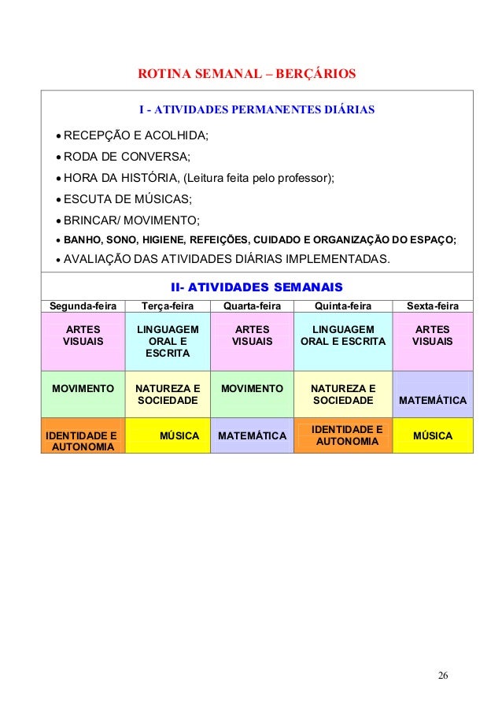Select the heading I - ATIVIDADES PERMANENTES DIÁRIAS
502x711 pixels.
257,108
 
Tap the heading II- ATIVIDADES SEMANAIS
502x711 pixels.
257,287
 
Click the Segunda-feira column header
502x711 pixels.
83,306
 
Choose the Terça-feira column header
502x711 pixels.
167,306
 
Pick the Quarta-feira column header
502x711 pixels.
252,306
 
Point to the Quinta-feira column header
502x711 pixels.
342,306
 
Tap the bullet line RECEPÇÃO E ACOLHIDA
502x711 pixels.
135,136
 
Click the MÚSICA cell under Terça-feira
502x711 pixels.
179,435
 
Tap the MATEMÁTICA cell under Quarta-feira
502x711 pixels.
252,435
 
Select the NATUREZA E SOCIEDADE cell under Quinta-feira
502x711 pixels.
342,394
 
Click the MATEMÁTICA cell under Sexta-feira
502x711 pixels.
433,401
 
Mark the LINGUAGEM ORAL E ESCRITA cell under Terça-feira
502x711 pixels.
167,341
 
